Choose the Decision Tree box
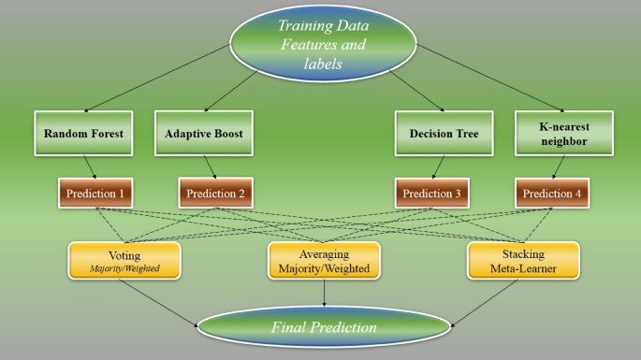(444, 135)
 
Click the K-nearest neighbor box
(563, 135)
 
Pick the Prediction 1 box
(95, 194)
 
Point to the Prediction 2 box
(217, 194)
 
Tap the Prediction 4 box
(551, 194)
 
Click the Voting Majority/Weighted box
(124, 261)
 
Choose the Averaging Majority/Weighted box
(324, 261)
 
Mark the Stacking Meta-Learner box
(523, 261)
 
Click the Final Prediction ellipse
(324, 327)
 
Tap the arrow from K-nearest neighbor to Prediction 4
(558, 167)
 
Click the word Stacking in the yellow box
(523, 253)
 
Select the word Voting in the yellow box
(124, 253)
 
